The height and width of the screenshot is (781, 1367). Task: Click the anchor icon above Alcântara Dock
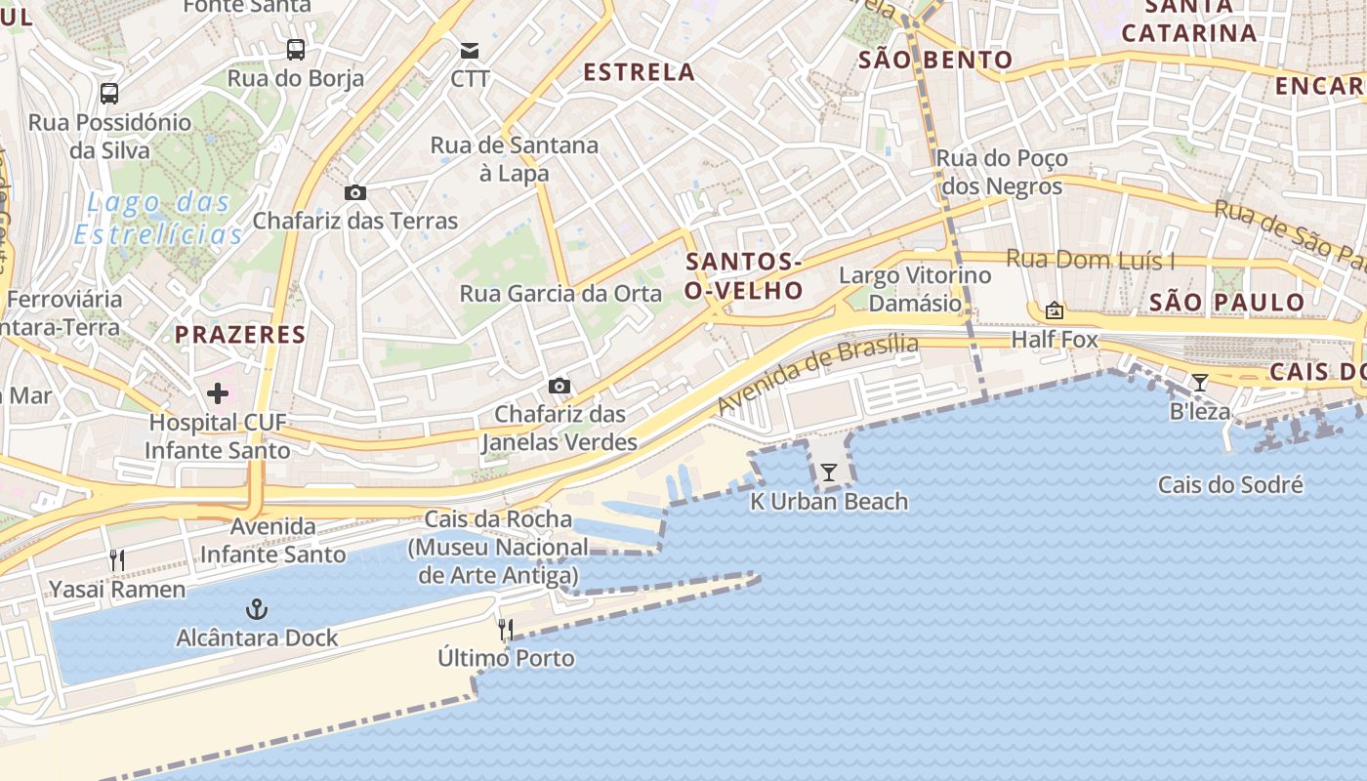(x=256, y=610)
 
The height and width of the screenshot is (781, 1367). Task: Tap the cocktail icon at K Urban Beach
(x=829, y=473)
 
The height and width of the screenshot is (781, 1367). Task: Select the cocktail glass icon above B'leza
(x=1200, y=383)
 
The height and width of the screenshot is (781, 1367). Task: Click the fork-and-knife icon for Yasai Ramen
(x=117, y=560)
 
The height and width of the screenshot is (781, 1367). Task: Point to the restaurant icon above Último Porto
(x=506, y=630)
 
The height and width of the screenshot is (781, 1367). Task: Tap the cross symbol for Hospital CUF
(x=218, y=393)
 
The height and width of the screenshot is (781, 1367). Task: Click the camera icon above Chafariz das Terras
(x=355, y=192)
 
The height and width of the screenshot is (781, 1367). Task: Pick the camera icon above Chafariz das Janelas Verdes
(x=559, y=386)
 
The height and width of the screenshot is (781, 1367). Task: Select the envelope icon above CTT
(x=471, y=50)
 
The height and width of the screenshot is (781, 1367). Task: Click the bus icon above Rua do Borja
(x=295, y=49)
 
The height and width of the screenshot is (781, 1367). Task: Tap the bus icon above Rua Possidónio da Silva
(x=109, y=94)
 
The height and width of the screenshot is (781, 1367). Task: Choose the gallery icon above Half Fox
(x=1055, y=311)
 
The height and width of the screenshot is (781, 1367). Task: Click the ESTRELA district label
(x=640, y=72)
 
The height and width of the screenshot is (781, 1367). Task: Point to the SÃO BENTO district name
(x=935, y=61)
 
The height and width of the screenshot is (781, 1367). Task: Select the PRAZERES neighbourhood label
(x=240, y=335)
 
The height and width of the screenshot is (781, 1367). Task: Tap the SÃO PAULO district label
(x=1226, y=302)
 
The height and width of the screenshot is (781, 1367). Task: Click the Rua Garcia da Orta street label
(x=560, y=294)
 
